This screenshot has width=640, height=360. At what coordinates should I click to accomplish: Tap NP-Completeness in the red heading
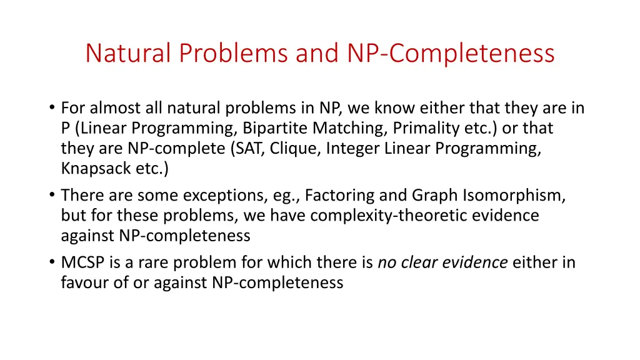pyautogui.click(x=451, y=53)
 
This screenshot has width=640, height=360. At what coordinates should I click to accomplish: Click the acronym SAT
pyautogui.click(x=253, y=149)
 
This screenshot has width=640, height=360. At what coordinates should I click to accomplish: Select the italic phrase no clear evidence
pyautogui.click(x=442, y=262)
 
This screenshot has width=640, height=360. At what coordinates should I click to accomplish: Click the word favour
pyautogui.click(x=83, y=282)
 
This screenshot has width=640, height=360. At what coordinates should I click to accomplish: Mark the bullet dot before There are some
pyautogui.click(x=51, y=196)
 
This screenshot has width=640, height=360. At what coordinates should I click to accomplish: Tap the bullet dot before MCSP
pyautogui.click(x=51, y=262)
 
